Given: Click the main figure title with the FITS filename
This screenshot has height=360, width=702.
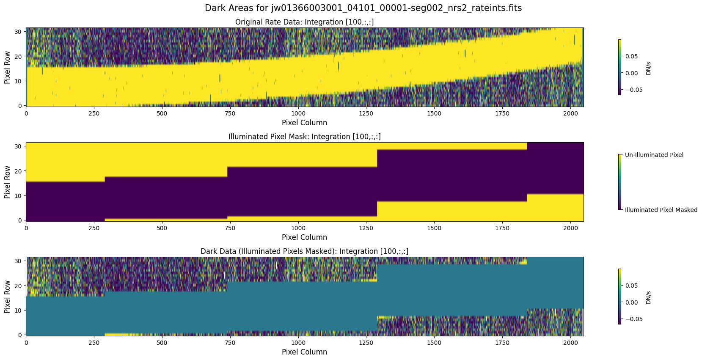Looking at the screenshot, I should pyautogui.click(x=363, y=8).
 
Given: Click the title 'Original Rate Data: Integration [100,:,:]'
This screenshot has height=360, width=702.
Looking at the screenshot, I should pyautogui.click(x=304, y=22).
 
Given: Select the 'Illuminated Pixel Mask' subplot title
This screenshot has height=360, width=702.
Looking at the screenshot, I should pyautogui.click(x=304, y=137).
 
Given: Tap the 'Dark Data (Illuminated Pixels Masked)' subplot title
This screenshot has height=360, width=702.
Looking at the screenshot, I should pyautogui.click(x=304, y=251).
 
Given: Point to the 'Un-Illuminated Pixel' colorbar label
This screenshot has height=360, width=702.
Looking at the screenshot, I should pyautogui.click(x=654, y=155).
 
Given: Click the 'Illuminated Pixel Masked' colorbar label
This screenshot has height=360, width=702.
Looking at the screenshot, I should pyautogui.click(x=661, y=210).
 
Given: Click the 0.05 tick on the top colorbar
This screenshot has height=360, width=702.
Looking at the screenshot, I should pyautogui.click(x=631, y=56).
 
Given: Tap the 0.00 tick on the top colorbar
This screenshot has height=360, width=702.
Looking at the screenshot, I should pyautogui.click(x=631, y=73).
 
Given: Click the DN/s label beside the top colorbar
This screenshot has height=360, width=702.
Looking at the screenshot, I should pyautogui.click(x=648, y=68).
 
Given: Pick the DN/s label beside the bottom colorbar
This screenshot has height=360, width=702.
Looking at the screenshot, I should pyautogui.click(x=648, y=297).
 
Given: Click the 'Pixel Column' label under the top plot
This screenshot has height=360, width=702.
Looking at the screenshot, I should pyautogui.click(x=304, y=123).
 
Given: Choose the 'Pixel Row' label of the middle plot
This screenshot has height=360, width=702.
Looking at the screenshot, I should pyautogui.click(x=7, y=182).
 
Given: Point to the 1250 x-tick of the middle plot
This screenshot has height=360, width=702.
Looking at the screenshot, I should pyautogui.click(x=366, y=228).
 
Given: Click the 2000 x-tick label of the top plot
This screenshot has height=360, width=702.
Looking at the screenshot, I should pyautogui.click(x=570, y=113).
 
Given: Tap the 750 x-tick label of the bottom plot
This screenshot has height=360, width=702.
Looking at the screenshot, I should pyautogui.click(x=230, y=343).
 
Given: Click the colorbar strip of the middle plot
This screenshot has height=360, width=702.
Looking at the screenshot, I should pyautogui.click(x=620, y=182).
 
